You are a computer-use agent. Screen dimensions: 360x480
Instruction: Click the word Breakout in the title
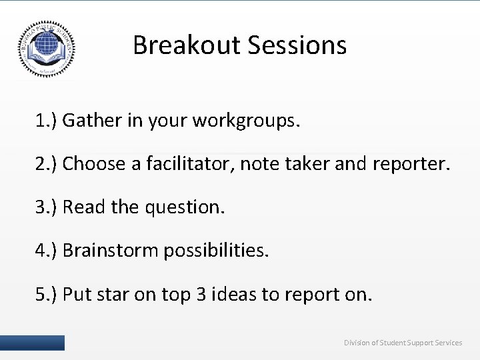tap(186, 45)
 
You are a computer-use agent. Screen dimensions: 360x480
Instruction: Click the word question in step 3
tap(183, 207)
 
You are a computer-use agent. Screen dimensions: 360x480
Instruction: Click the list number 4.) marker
tap(47, 251)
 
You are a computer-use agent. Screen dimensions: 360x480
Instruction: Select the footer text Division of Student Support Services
tap(403, 343)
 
